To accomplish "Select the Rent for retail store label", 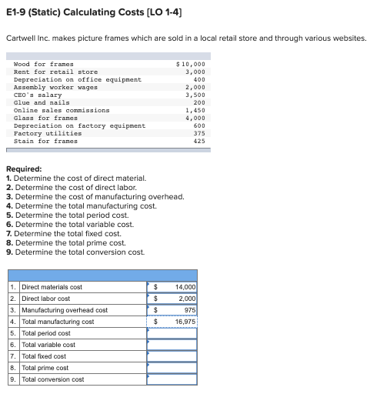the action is tap(55, 72).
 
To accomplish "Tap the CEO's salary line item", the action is tap(39, 95).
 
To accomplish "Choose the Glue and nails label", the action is tap(42, 102).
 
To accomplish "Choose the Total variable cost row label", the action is tap(48, 345).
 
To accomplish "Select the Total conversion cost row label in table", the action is tap(53, 379).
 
